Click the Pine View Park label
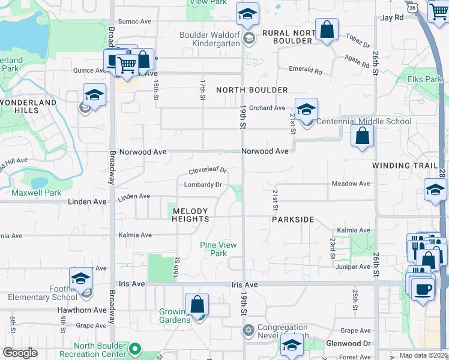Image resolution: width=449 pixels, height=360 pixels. [x=218, y=249]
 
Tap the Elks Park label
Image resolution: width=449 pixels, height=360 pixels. [x=424, y=79]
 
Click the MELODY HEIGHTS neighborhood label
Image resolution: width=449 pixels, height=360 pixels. [x=190, y=215]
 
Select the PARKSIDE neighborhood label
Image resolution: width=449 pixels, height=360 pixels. [x=293, y=220]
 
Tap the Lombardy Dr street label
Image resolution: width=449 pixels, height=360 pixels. [x=203, y=185]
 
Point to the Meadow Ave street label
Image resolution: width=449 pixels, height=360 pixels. [x=351, y=184]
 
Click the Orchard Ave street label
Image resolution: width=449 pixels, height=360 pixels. [x=267, y=108]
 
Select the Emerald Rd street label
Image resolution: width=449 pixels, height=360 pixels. [x=306, y=71]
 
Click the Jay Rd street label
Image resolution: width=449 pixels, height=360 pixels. [x=391, y=18]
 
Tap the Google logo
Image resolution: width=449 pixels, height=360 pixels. [x=20, y=353]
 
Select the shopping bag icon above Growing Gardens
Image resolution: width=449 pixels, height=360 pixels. [x=197, y=305]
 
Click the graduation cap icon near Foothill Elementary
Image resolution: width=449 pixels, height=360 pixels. [x=80, y=279]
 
